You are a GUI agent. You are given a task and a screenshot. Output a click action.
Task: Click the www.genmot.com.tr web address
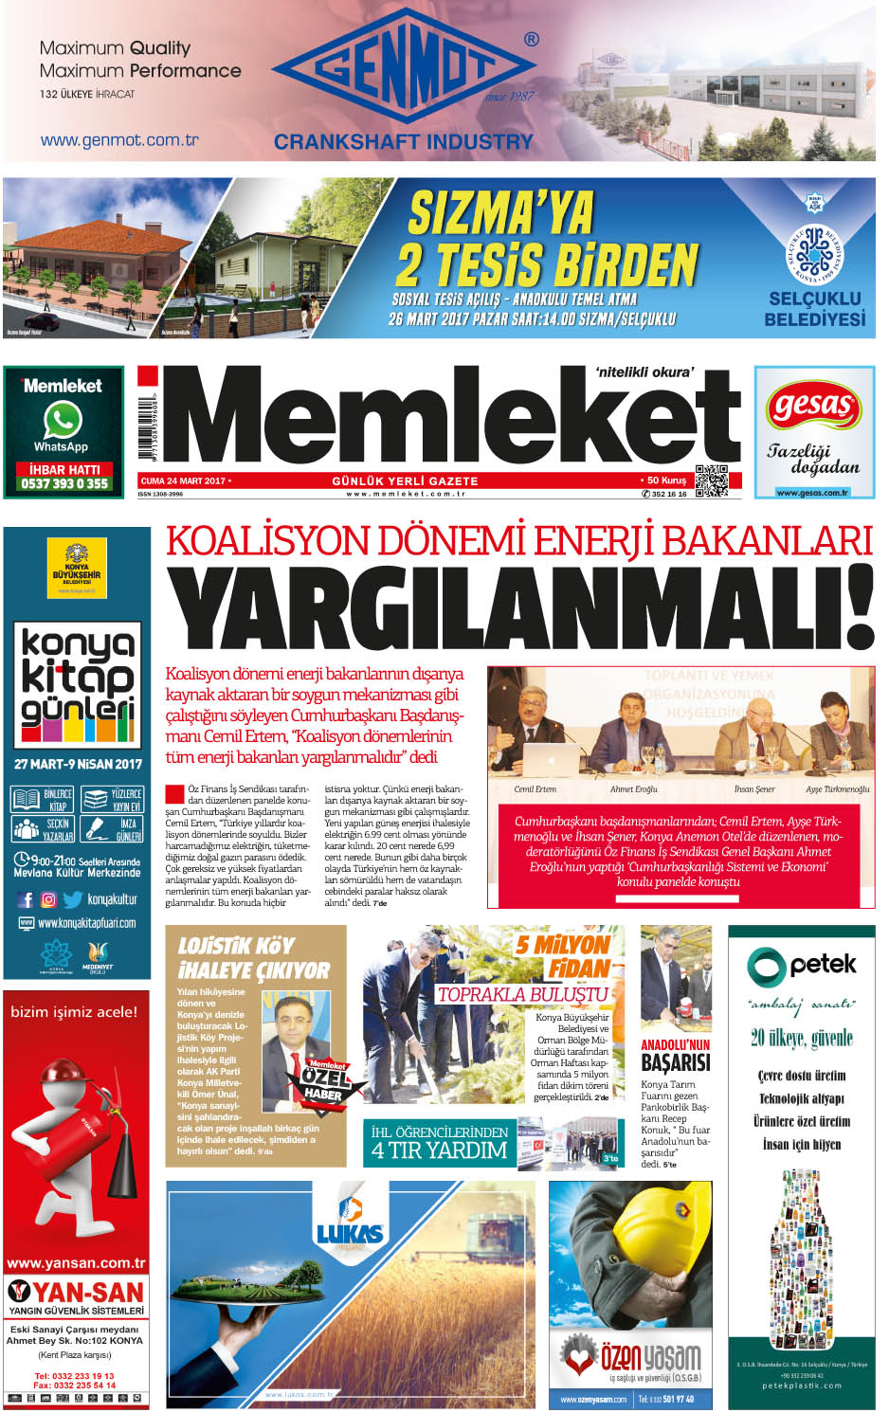coord(119,140)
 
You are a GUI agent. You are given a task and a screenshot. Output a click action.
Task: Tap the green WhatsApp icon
coord(63,420)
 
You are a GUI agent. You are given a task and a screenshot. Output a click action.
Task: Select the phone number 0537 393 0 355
coord(64,483)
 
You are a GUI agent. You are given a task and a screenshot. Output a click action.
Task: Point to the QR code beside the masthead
coord(712,480)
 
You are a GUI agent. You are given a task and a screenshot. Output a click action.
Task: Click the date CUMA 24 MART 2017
coord(183,480)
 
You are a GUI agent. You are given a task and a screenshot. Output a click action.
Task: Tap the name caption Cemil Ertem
coord(535,788)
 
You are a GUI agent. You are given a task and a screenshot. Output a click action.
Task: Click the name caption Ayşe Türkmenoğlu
coord(837,788)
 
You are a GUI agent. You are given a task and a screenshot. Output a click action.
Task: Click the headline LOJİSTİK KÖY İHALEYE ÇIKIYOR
coord(253,958)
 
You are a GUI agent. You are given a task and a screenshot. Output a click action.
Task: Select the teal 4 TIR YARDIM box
coord(441,1143)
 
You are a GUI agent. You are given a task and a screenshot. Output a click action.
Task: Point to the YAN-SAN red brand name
coord(76,1292)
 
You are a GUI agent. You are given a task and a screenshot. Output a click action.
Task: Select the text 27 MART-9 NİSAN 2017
coord(78,764)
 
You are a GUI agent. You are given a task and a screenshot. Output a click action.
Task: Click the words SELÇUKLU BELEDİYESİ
coord(815,309)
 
